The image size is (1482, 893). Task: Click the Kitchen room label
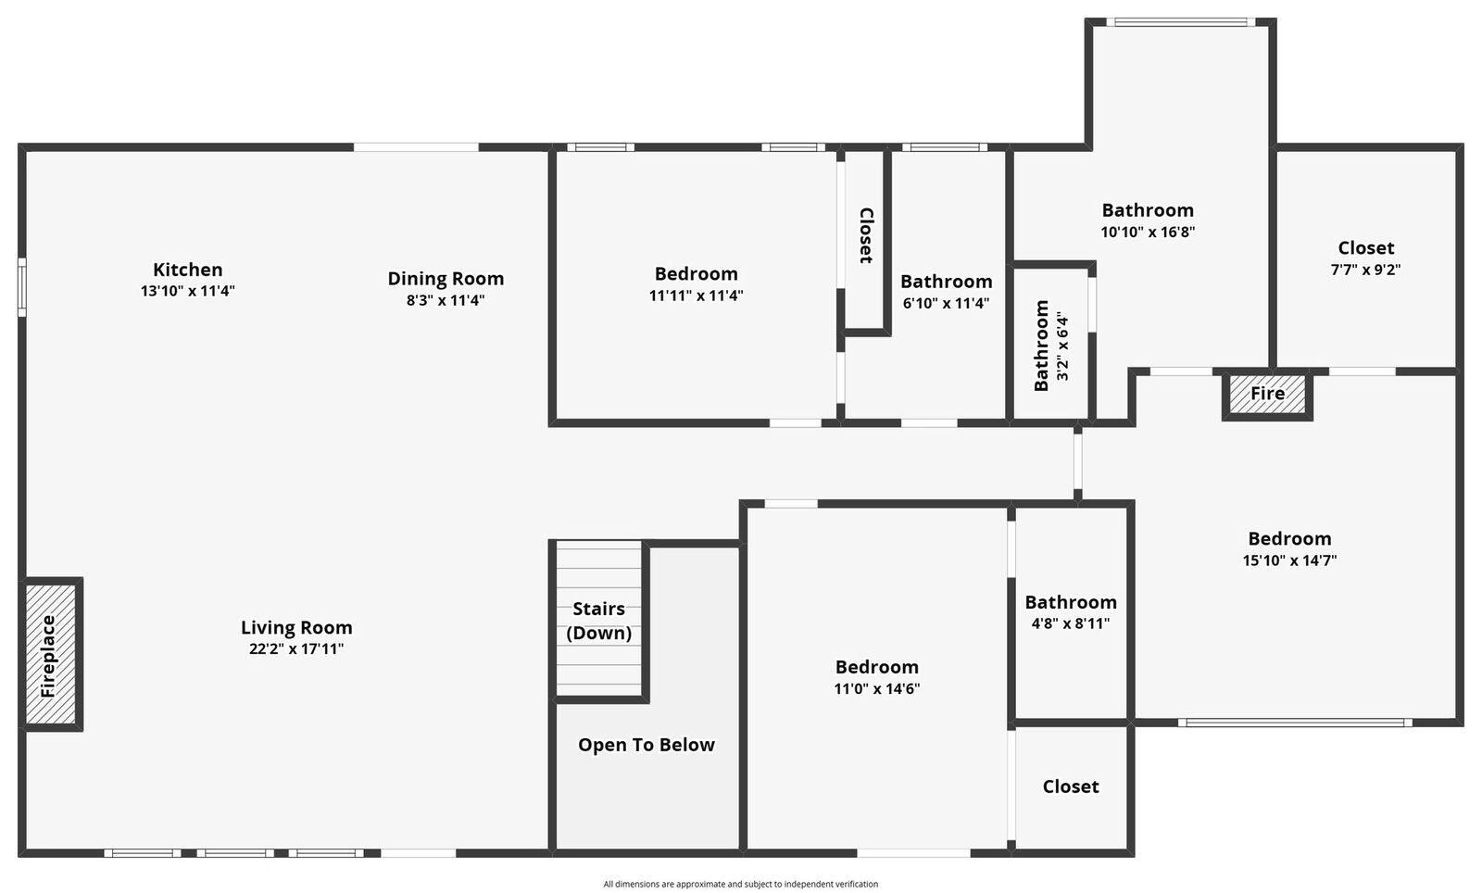pyautogui.click(x=188, y=270)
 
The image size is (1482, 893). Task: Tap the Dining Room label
pyautogui.click(x=446, y=278)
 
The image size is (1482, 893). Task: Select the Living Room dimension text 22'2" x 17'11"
pyautogui.click(x=296, y=649)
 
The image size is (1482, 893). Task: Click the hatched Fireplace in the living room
pyautogui.click(x=51, y=655)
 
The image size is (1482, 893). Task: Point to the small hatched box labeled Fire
pyautogui.click(x=1267, y=394)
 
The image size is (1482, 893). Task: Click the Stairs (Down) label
pyautogui.click(x=598, y=621)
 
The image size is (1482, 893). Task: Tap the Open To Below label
pyautogui.click(x=647, y=745)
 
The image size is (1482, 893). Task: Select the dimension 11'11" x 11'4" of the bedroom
pyautogui.click(x=696, y=296)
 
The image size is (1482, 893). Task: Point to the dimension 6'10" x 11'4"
pyautogui.click(x=946, y=303)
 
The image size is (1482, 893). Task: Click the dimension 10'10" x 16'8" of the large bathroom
pyautogui.click(x=1148, y=233)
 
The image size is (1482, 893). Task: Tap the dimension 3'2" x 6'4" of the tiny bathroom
pyautogui.click(x=1062, y=346)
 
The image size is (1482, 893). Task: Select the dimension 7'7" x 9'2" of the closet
pyautogui.click(x=1365, y=270)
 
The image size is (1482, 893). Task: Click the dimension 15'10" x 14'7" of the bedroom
pyautogui.click(x=1289, y=560)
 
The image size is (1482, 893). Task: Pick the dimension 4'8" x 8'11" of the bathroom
pyautogui.click(x=1070, y=624)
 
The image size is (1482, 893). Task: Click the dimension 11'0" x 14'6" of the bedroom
pyautogui.click(x=876, y=689)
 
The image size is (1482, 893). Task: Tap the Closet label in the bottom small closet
pyautogui.click(x=1071, y=786)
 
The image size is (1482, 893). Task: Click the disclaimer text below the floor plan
pyautogui.click(x=740, y=885)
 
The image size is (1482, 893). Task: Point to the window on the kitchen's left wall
pyautogui.click(x=22, y=287)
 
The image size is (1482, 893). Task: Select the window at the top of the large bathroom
pyautogui.click(x=1180, y=22)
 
